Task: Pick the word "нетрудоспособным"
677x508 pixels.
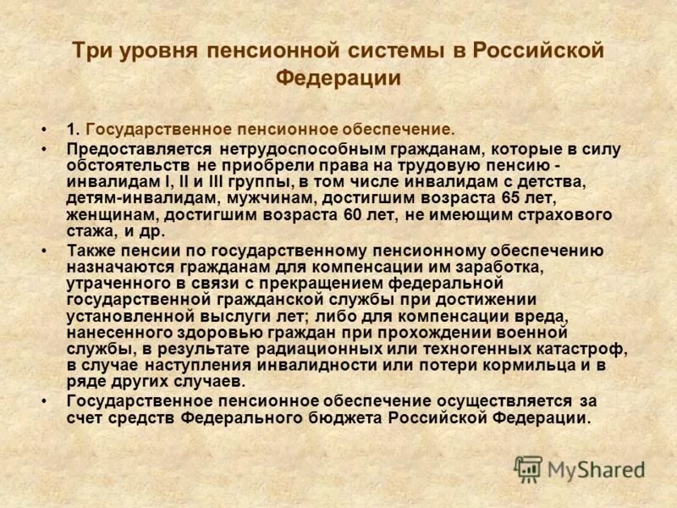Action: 272,149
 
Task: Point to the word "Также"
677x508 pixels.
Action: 91,251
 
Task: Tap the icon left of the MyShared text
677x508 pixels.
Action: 528,467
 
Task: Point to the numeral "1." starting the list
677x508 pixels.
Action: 74,130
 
